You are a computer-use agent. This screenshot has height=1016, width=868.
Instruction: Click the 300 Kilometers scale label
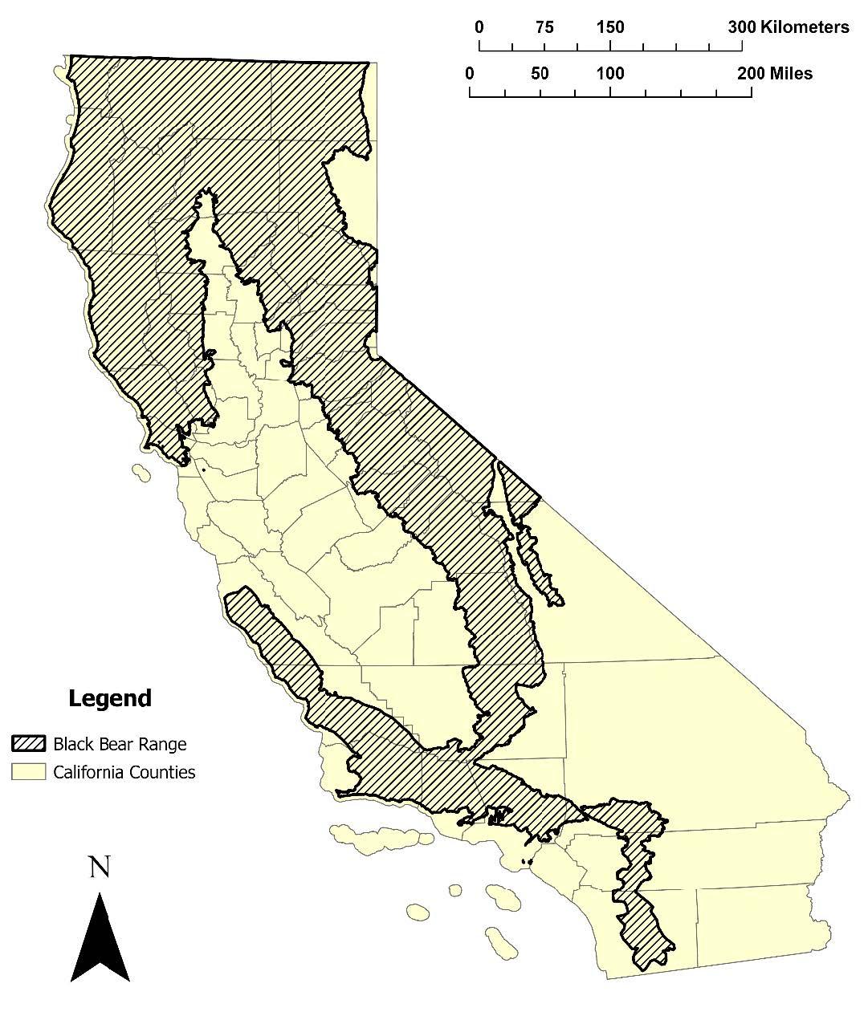pyautogui.click(x=788, y=27)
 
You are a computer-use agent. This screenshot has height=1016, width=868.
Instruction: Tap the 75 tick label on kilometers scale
pyautogui.click(x=544, y=27)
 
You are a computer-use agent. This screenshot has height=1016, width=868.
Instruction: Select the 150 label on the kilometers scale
pyautogui.click(x=610, y=27)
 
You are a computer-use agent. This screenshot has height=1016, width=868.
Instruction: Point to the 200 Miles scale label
pyautogui.click(x=775, y=74)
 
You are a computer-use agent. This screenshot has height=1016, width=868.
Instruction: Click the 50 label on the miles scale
pyautogui.click(x=540, y=74)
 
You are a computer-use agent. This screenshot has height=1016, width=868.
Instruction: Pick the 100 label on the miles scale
pyautogui.click(x=610, y=74)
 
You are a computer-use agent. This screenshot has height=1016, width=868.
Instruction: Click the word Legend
pyautogui.click(x=110, y=699)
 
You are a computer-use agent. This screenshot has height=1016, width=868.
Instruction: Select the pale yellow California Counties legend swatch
pyautogui.click(x=29, y=772)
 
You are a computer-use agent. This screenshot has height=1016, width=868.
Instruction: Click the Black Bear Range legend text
pyautogui.click(x=120, y=744)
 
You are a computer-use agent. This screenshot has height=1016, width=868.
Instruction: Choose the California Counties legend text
pyautogui.click(x=124, y=773)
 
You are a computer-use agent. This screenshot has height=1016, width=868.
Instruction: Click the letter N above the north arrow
pyautogui.click(x=100, y=868)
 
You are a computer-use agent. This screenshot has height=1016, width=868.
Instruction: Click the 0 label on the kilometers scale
pyautogui.click(x=479, y=27)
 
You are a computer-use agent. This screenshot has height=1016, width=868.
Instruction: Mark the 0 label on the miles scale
pyautogui.click(x=470, y=74)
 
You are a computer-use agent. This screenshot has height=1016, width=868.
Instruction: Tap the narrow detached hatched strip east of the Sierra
pyautogui.click(x=534, y=554)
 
